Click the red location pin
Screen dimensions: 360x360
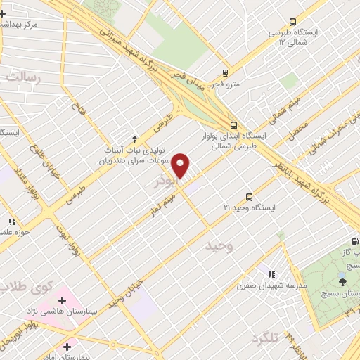point(181,165)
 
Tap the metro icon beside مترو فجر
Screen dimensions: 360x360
point(225,72)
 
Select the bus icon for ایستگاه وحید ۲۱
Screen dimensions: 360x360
point(249,197)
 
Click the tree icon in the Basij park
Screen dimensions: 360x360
point(342,282)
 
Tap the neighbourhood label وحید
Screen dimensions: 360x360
point(219,245)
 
